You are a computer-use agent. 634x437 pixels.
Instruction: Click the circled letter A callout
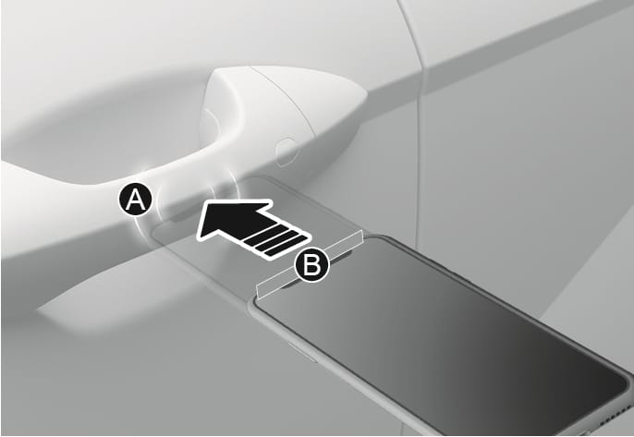coord(136,200)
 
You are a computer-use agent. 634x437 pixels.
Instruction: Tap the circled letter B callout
coord(311,265)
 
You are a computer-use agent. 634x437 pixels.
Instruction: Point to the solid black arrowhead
coord(230,220)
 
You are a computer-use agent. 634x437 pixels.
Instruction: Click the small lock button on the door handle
coord(287,152)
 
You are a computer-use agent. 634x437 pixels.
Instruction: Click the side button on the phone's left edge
coord(301,352)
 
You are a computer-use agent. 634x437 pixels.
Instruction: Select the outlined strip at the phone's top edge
coord(311,264)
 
